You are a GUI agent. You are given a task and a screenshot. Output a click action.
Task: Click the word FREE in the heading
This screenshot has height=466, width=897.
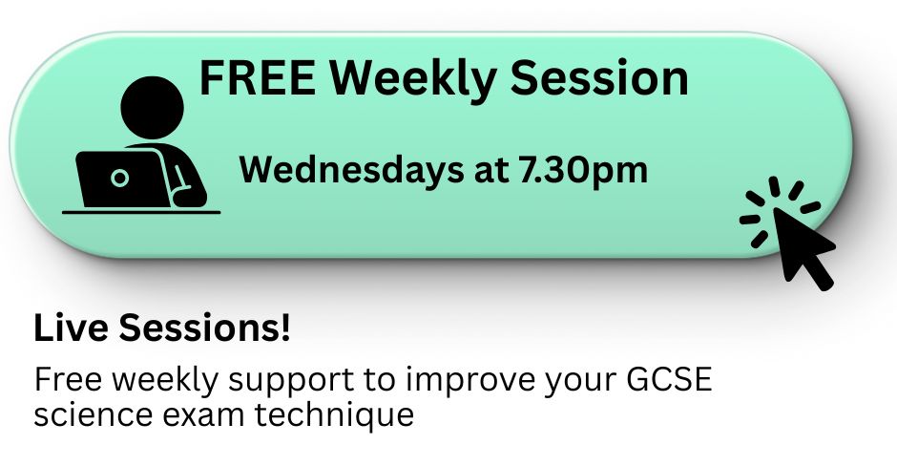[x=257, y=77]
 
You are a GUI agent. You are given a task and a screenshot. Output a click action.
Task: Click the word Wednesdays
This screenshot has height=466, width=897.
[x=351, y=169]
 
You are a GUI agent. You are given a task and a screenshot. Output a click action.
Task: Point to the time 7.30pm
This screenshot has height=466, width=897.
[x=583, y=172]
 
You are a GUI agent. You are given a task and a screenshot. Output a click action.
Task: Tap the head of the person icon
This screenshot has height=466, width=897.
[x=152, y=108]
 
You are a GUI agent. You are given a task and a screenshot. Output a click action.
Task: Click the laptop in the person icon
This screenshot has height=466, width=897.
[x=123, y=179]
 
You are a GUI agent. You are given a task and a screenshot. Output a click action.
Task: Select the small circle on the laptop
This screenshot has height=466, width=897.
[x=119, y=178]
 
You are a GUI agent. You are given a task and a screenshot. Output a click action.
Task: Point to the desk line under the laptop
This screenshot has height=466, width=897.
[x=141, y=212]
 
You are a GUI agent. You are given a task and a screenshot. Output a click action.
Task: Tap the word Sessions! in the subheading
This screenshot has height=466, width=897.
[x=204, y=328]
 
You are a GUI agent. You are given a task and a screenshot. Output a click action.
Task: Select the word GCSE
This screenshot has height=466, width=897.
[x=669, y=379]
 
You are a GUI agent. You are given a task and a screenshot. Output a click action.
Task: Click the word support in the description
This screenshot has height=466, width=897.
[x=291, y=381]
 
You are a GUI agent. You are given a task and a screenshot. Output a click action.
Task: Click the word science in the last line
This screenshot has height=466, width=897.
[x=94, y=414]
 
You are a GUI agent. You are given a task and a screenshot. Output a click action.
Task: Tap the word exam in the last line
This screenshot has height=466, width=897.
[x=203, y=415]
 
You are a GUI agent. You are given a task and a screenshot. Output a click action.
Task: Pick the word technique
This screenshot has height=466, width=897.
[x=334, y=416]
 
